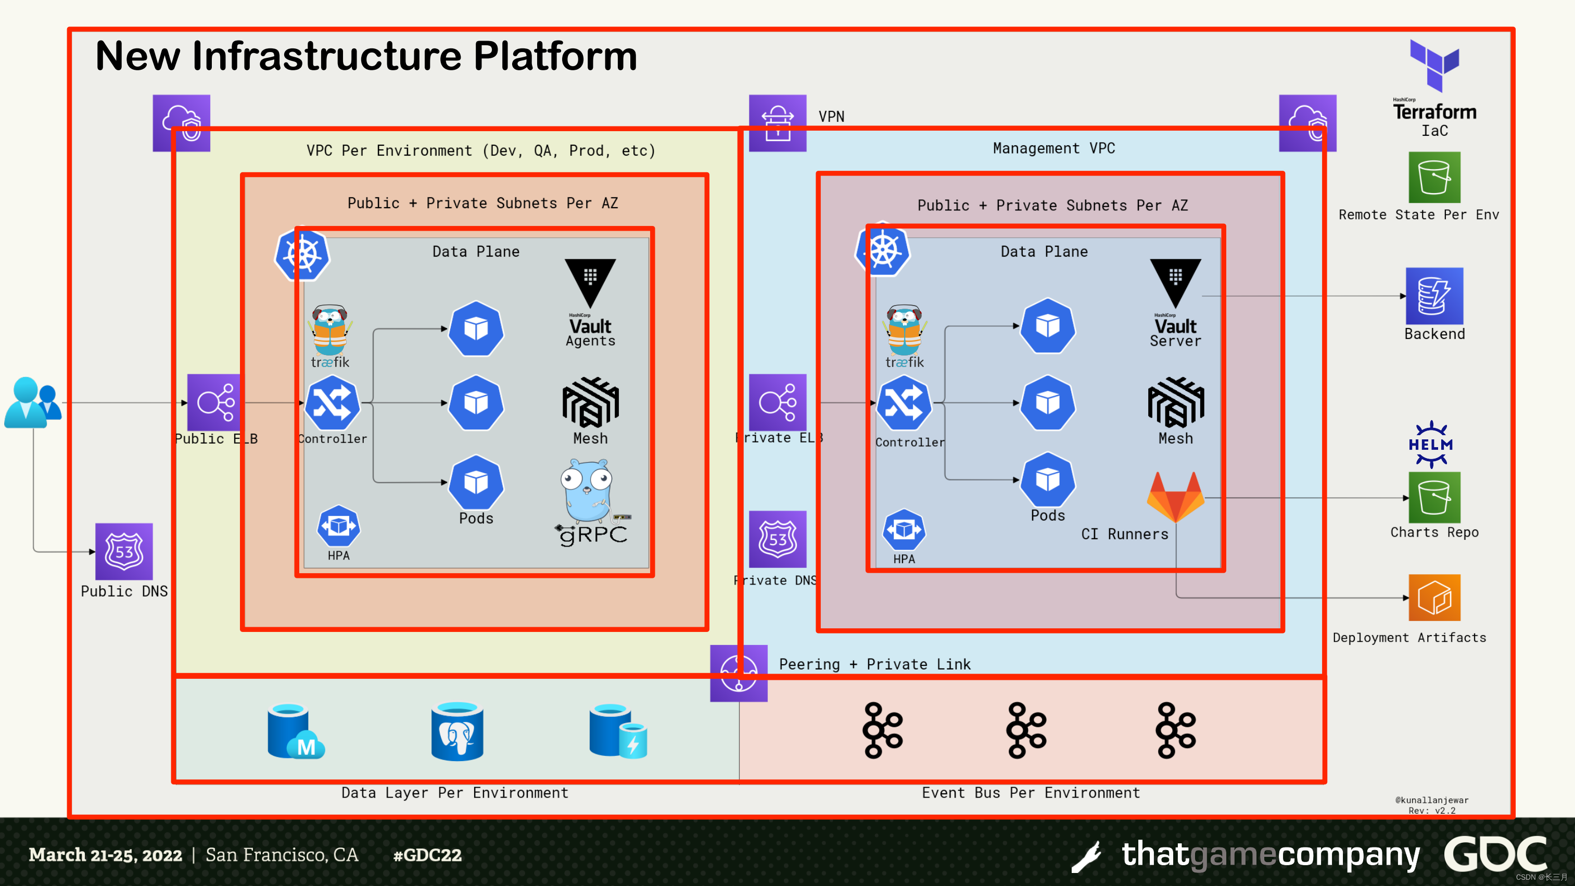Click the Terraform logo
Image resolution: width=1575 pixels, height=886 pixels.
[x=1434, y=66]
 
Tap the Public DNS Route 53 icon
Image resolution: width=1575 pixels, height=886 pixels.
[x=124, y=551]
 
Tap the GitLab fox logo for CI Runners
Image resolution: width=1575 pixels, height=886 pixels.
[x=1175, y=497]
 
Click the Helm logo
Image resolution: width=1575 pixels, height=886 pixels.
[x=1431, y=445]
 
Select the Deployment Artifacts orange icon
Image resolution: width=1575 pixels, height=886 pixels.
[x=1434, y=598]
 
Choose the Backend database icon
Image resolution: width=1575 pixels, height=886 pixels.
[x=1434, y=296]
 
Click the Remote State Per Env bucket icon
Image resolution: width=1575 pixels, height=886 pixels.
[x=1434, y=178]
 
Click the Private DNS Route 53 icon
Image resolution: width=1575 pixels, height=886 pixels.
[x=778, y=539]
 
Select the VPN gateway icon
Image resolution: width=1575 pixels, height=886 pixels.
[x=778, y=123]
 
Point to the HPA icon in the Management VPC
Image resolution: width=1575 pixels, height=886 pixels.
[x=904, y=529]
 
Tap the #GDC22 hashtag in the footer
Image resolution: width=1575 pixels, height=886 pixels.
[x=427, y=855]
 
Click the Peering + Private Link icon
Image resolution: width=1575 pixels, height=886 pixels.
[x=739, y=673]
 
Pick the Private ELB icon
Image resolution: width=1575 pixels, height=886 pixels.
[x=778, y=402]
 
